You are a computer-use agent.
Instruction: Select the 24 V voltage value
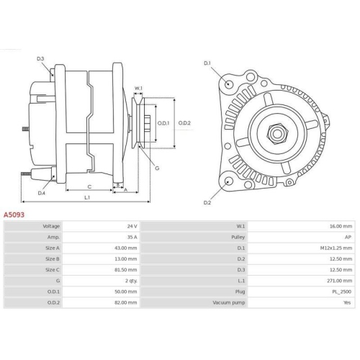(x=131, y=226)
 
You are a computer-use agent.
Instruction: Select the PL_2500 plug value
(x=342, y=291)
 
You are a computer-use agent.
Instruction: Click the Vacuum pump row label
(x=229, y=302)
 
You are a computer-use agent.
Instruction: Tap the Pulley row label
(x=236, y=237)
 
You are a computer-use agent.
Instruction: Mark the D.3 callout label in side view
(x=40, y=58)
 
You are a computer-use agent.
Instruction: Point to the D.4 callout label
(x=41, y=193)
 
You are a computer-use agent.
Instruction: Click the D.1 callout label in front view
(x=207, y=63)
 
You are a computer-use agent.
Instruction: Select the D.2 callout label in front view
(x=207, y=203)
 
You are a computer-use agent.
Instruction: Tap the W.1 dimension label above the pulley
(x=139, y=89)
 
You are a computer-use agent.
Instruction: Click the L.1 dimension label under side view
(x=86, y=197)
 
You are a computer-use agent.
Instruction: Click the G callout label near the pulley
(x=157, y=168)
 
